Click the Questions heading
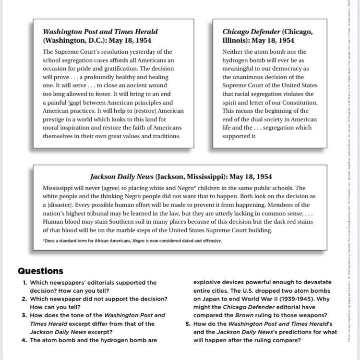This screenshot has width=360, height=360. [40, 271]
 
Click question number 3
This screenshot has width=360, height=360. [24, 315]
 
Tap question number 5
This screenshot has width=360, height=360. [189, 324]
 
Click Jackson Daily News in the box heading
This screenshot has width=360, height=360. [122, 177]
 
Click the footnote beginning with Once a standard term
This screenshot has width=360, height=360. [132, 241]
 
